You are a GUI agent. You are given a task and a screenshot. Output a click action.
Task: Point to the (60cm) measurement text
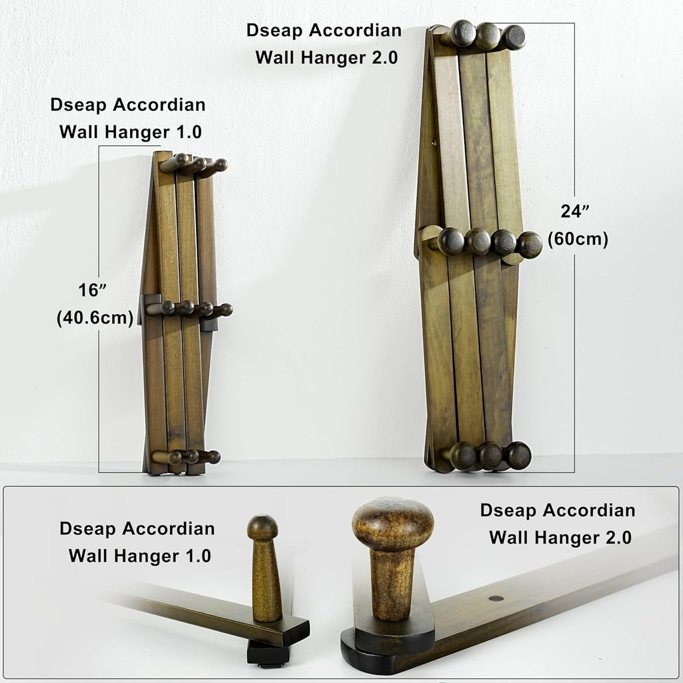point(578,239)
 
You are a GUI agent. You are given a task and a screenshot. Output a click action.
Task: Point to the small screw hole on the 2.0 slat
point(496,598)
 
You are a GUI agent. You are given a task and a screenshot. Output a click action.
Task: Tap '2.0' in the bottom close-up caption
point(616,537)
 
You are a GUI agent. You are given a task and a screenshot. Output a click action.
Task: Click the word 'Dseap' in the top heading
point(274,31)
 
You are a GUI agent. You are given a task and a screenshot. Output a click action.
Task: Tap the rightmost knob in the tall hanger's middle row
point(530,245)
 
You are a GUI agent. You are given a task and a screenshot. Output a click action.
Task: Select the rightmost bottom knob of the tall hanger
point(518,455)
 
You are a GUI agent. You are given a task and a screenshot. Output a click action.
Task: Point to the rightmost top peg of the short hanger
point(219,165)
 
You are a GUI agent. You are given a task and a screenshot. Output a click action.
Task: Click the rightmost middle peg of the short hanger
point(225,309)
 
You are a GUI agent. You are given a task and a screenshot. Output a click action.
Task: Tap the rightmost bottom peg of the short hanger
point(212,457)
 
